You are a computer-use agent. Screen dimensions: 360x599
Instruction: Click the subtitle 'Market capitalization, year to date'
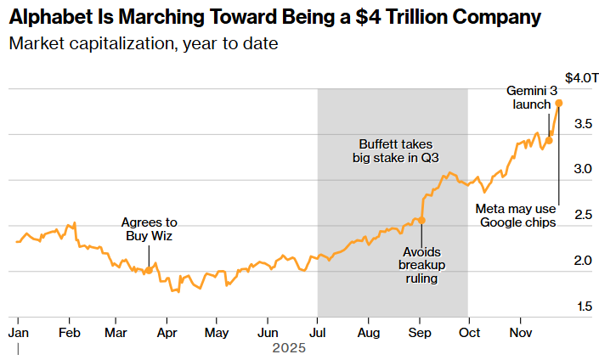tap(144, 43)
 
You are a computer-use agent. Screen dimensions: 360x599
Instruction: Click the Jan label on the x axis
tap(18, 331)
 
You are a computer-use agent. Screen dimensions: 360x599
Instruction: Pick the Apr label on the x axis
tap(167, 331)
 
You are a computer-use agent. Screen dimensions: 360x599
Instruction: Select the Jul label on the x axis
tap(318, 331)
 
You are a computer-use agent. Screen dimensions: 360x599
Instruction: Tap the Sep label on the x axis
tap(420, 331)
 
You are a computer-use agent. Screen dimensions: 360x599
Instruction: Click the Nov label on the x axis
tap(520, 331)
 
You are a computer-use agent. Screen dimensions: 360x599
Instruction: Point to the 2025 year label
tap(288, 348)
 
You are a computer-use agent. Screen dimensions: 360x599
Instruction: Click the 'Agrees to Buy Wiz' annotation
tap(149, 228)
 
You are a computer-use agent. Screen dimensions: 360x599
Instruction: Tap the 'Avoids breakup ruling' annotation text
tap(422, 265)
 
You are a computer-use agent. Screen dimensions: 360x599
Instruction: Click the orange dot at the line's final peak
tap(558, 104)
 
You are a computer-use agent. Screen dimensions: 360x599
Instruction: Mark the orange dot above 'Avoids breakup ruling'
tap(422, 220)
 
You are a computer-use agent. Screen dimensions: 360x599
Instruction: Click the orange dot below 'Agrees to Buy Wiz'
tap(149, 271)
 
